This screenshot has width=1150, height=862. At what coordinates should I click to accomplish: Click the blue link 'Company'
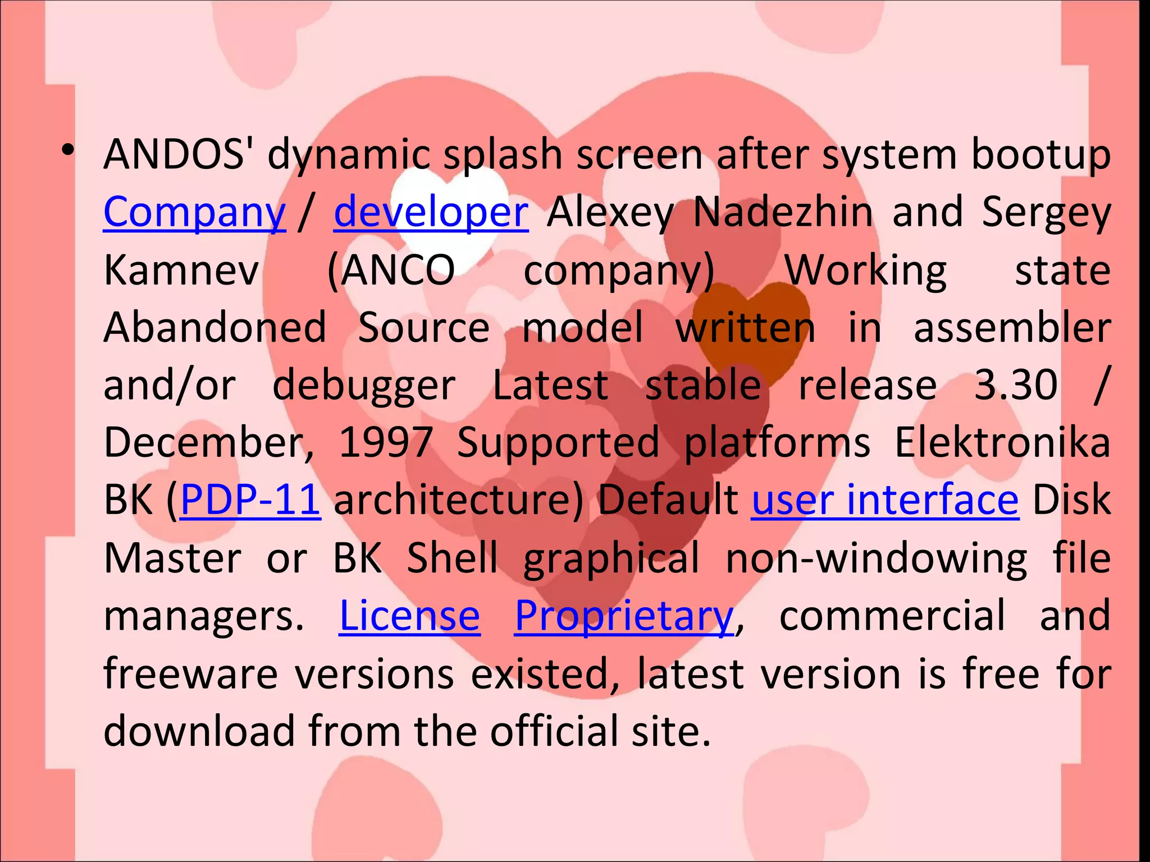point(194,213)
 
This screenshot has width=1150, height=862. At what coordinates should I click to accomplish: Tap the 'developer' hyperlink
point(431,213)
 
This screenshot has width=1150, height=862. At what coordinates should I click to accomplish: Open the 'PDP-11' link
point(250,499)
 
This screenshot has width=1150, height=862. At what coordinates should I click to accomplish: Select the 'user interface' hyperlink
point(885,499)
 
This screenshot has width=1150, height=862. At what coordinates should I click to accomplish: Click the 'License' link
point(409,616)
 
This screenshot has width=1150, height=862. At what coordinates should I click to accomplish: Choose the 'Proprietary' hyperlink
point(624,616)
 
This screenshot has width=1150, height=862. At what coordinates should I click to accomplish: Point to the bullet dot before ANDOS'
point(68,150)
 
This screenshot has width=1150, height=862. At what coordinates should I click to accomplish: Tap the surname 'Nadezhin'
point(783,213)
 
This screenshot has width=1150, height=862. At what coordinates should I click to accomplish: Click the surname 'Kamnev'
point(181,270)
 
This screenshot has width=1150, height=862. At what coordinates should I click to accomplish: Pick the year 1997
point(386,442)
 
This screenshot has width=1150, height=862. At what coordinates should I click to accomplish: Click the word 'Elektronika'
point(1002,442)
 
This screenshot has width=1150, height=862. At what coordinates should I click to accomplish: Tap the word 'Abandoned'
point(215,328)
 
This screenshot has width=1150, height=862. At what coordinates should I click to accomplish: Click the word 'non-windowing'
point(877,558)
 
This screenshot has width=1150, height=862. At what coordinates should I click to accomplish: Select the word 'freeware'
point(191,673)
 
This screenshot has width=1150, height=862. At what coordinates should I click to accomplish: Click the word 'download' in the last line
point(199,731)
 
